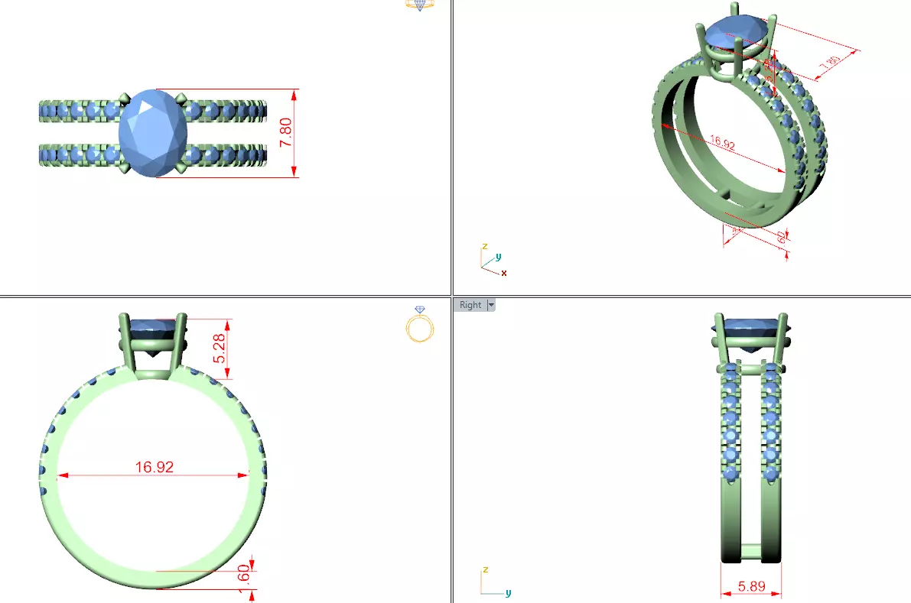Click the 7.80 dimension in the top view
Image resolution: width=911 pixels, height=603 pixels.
[286, 133]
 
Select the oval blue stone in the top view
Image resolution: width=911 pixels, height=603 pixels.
[154, 133]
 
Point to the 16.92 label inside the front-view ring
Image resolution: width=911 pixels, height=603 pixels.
[155, 467]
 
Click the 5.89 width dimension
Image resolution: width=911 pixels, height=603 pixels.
[750, 586]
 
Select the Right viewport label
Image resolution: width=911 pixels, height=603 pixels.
[470, 305]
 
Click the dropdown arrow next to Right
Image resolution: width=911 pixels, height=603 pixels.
[491, 305]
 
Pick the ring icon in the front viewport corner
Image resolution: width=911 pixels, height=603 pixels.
[419, 325]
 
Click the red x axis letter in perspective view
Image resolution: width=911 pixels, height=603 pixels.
[504, 272]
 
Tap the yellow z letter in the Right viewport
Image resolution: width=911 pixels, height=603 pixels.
[485, 570]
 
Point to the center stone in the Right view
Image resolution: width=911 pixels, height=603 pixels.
[750, 329]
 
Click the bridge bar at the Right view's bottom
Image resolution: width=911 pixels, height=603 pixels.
[750, 549]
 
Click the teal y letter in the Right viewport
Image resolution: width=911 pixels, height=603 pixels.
[509, 592]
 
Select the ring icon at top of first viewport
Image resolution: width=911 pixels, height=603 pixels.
[419, 5]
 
